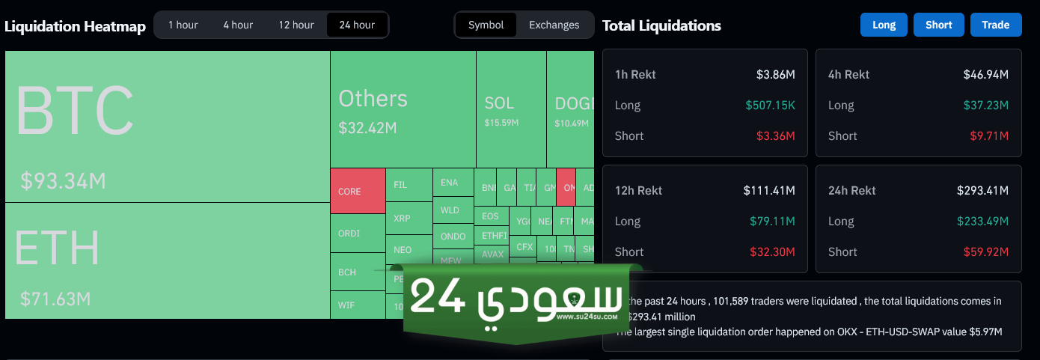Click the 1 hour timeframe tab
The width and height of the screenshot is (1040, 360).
(x=183, y=25)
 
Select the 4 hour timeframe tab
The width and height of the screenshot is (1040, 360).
(x=238, y=25)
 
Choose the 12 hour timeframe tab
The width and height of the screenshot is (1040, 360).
(x=296, y=25)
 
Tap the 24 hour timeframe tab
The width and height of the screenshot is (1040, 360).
(x=357, y=25)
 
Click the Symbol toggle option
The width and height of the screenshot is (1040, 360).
(x=486, y=25)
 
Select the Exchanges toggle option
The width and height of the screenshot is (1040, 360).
(x=554, y=25)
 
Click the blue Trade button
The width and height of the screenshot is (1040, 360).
(x=996, y=25)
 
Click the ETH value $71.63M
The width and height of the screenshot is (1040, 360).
(x=55, y=299)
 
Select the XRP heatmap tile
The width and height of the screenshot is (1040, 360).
(x=402, y=219)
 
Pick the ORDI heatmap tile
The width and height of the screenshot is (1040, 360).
(x=349, y=233)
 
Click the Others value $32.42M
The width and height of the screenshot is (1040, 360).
(x=367, y=127)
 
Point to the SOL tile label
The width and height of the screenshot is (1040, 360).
(x=499, y=103)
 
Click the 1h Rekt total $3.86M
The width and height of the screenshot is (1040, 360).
(x=775, y=75)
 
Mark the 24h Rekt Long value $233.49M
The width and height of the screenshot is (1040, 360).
(x=982, y=221)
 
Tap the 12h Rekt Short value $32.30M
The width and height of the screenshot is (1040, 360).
(x=771, y=251)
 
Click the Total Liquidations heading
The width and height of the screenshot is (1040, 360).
(x=661, y=25)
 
